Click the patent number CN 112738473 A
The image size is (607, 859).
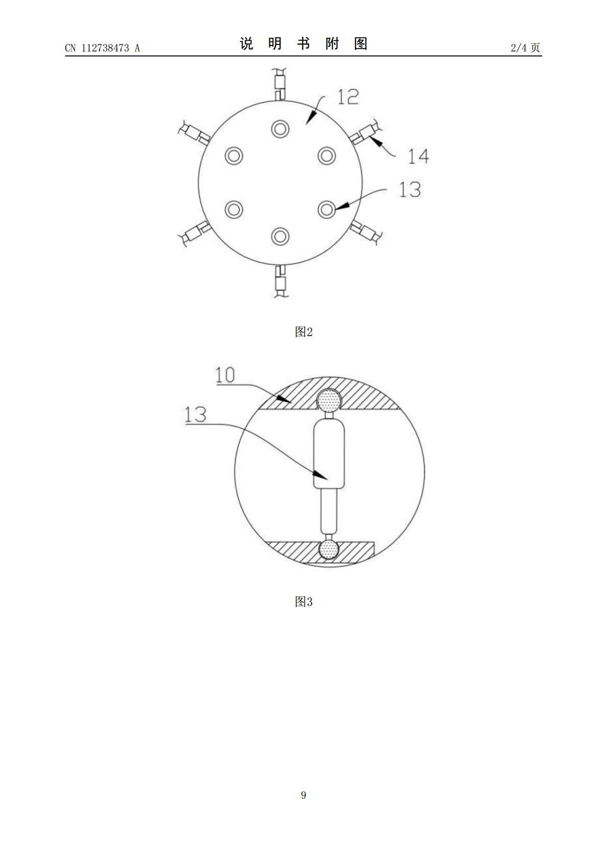103,48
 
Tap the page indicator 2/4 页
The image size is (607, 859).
525,47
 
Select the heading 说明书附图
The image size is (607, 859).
303,44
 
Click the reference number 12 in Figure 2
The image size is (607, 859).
348,97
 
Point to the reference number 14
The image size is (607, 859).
418,157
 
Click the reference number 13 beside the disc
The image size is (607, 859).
410,189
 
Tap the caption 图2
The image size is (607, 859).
303,332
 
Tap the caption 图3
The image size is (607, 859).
303,602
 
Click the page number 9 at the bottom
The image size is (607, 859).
303,795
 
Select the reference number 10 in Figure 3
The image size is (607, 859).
225,375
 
